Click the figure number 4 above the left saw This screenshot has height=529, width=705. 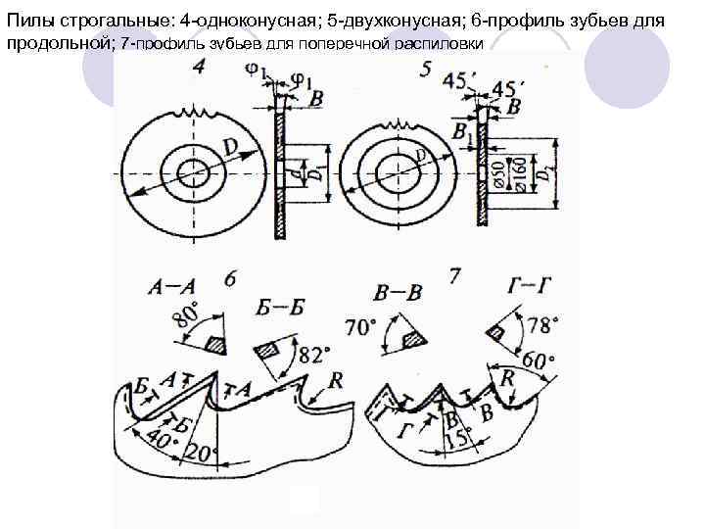[x=200, y=68]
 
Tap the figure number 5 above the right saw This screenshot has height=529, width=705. [x=424, y=69]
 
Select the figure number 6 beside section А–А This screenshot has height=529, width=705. [x=229, y=279]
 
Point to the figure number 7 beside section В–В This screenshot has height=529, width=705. [x=454, y=276]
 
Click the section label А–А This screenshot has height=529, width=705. [x=172, y=287]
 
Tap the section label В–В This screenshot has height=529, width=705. [x=399, y=292]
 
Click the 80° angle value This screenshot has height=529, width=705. [x=185, y=317]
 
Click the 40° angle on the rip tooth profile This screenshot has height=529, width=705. [x=157, y=440]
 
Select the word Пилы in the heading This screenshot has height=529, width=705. [x=29, y=21]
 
